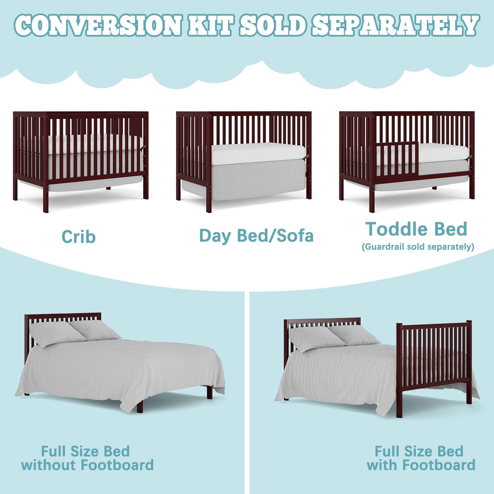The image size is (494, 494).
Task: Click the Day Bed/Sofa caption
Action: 256,236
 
